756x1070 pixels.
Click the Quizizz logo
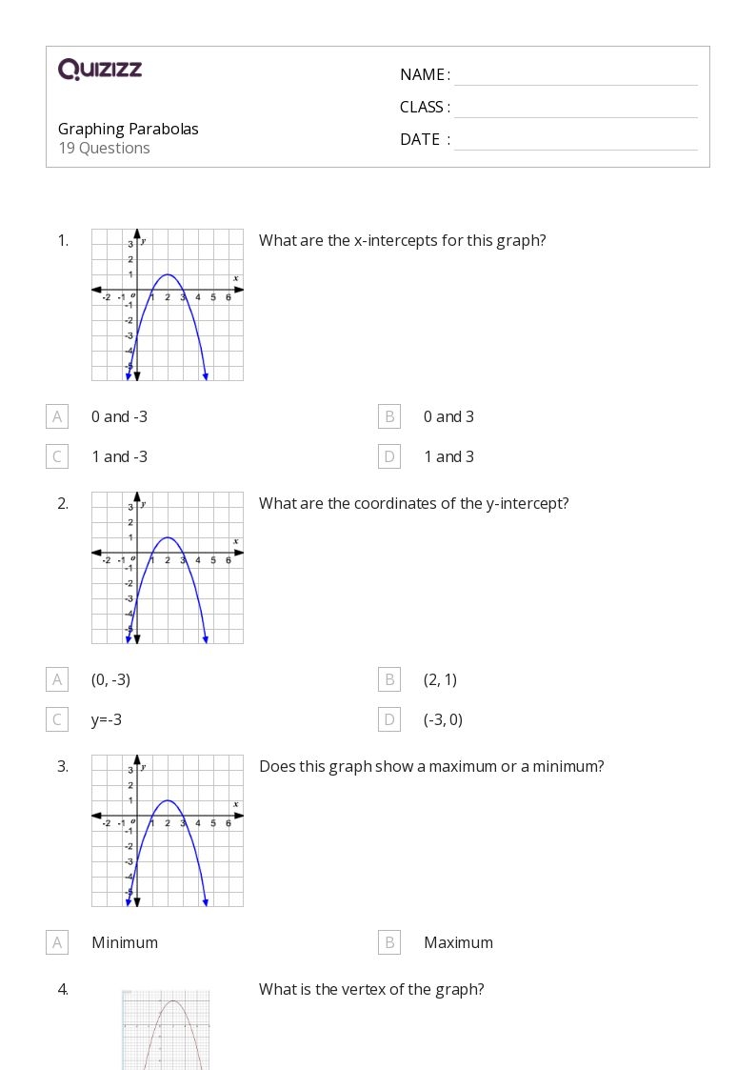100,69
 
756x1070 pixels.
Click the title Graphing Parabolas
129,129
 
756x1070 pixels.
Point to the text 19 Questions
104,148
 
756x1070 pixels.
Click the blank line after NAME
575,76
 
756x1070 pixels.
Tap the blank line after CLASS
575,109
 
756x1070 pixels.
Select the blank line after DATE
575,141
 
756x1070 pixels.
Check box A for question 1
57,416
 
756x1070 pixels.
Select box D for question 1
388,456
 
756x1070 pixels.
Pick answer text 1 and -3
119,456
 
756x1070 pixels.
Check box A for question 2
57,679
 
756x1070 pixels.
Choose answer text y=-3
107,719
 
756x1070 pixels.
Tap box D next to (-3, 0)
388,719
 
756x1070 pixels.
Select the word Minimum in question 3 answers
125,942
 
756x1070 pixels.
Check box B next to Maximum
388,942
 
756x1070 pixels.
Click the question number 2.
63,503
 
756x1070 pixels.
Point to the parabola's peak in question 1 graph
168,274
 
